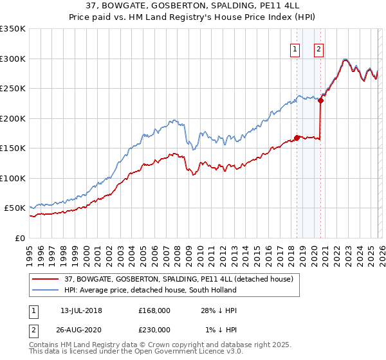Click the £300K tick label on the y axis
click(x=13, y=59)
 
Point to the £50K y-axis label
click(x=15, y=208)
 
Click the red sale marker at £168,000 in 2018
click(x=297, y=137)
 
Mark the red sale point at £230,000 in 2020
click(x=320, y=100)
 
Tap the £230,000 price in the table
click(x=154, y=330)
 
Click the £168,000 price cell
click(x=154, y=310)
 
